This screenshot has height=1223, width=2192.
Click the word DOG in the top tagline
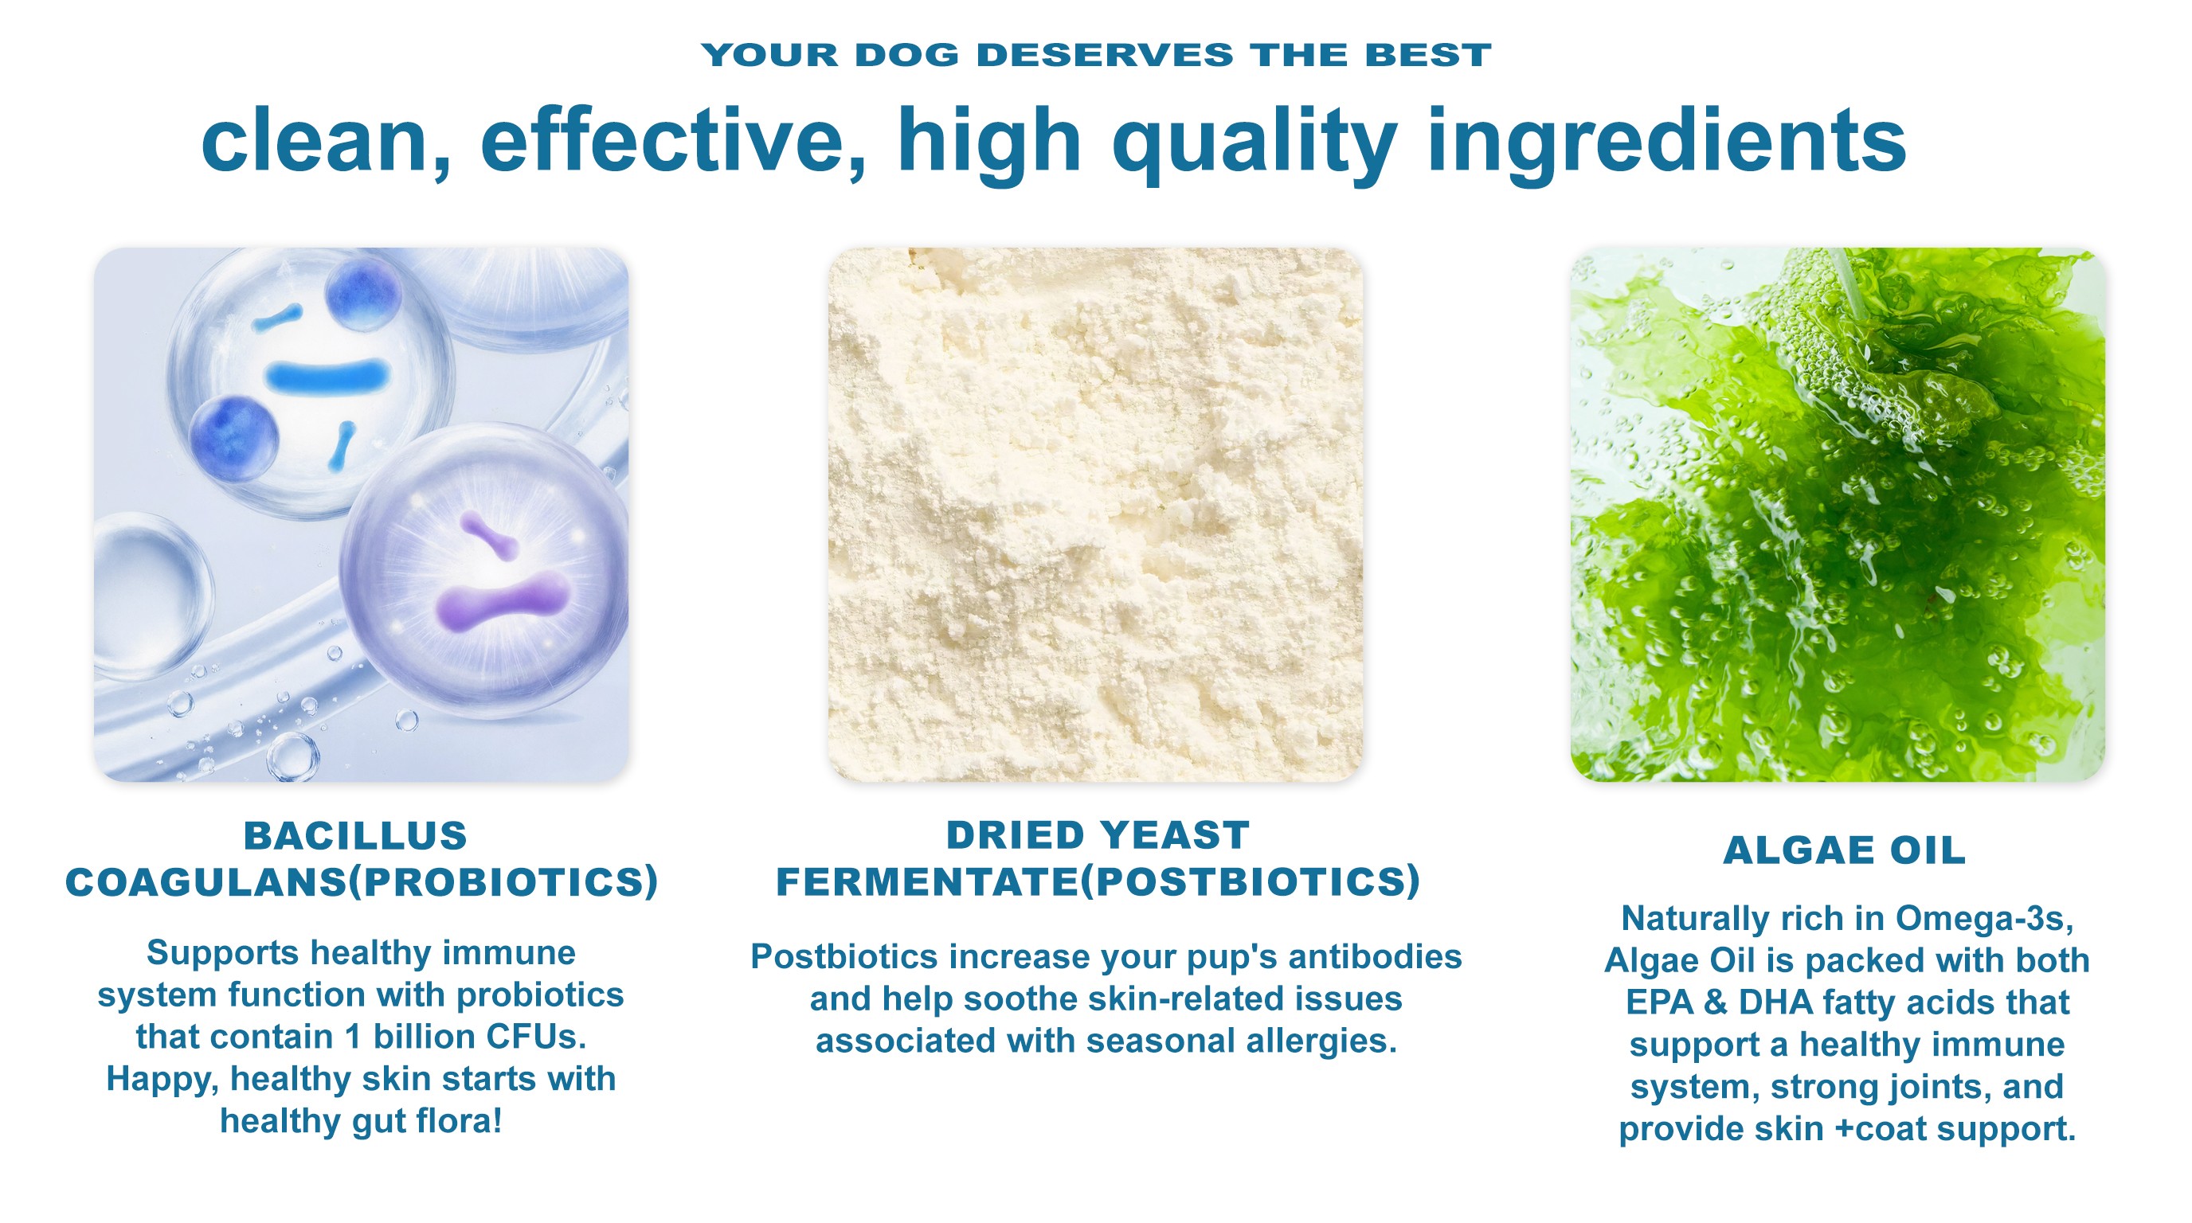click(907, 55)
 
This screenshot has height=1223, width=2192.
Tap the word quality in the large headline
click(1255, 143)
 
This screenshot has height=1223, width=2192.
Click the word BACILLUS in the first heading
click(356, 836)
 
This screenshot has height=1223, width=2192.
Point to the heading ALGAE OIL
click(1845, 850)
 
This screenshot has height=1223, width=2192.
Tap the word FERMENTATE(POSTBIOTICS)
click(1098, 882)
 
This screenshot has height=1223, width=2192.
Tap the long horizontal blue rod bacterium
click(327, 375)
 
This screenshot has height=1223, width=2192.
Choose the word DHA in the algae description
click(1776, 1002)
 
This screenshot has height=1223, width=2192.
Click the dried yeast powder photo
click(1096, 514)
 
